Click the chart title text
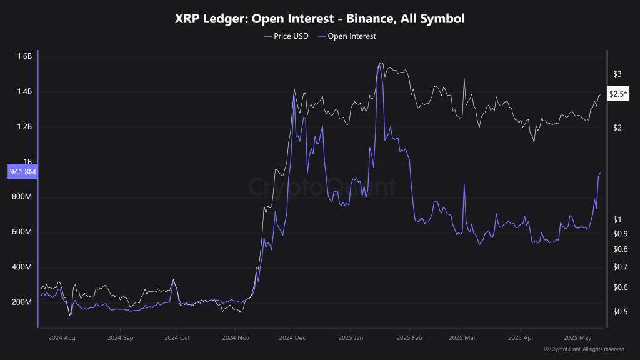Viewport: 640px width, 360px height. coord(319,19)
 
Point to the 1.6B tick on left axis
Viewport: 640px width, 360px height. coord(24,57)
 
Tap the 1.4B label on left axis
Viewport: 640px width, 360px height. coord(24,92)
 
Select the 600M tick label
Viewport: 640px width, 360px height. coord(23,232)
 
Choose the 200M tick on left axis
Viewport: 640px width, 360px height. coord(23,302)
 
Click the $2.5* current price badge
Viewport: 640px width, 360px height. coord(618,94)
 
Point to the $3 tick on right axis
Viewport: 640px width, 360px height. coord(617,74)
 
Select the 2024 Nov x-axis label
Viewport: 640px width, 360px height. coord(235,337)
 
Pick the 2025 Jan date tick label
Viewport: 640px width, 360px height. coord(350,337)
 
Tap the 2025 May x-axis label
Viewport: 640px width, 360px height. coord(577,337)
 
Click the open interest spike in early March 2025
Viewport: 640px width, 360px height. coord(464,184)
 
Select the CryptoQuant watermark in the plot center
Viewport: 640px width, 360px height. coord(322,187)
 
